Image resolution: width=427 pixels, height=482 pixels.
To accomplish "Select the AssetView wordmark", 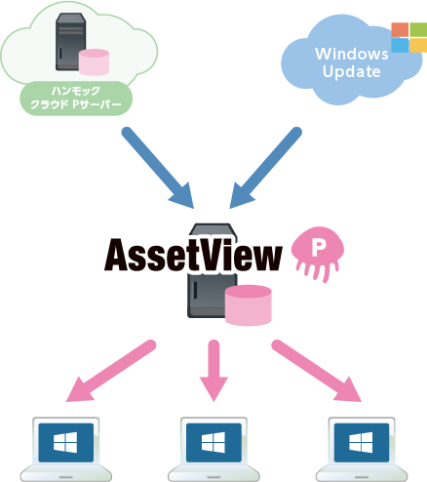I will (194, 255).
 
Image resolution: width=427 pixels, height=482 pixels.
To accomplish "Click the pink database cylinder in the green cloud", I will (94, 60).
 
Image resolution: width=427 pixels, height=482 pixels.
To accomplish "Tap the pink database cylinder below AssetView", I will (250, 305).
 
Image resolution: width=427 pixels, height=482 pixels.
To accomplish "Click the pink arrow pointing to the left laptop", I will (111, 371).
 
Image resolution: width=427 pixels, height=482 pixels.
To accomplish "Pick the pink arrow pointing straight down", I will (213, 372).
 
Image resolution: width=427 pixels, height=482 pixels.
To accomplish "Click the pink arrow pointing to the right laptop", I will (317, 371).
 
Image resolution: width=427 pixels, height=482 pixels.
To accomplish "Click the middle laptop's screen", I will (213, 442).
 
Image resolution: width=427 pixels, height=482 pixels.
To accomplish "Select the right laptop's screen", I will (362, 442).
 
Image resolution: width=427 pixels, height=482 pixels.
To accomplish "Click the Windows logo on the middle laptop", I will (213, 442).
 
